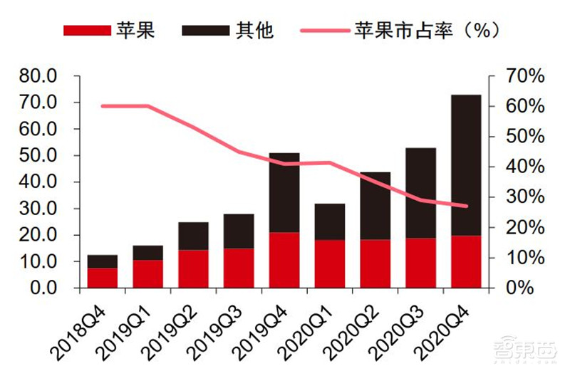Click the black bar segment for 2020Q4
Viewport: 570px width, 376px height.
click(467, 164)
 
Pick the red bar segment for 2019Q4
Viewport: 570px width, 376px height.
click(284, 260)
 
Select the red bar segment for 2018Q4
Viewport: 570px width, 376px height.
click(103, 278)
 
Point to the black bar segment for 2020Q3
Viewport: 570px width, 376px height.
click(421, 193)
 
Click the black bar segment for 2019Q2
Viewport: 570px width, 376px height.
click(194, 236)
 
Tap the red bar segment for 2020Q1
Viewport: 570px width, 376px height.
click(330, 263)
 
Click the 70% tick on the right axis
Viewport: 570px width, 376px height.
click(526, 76)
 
